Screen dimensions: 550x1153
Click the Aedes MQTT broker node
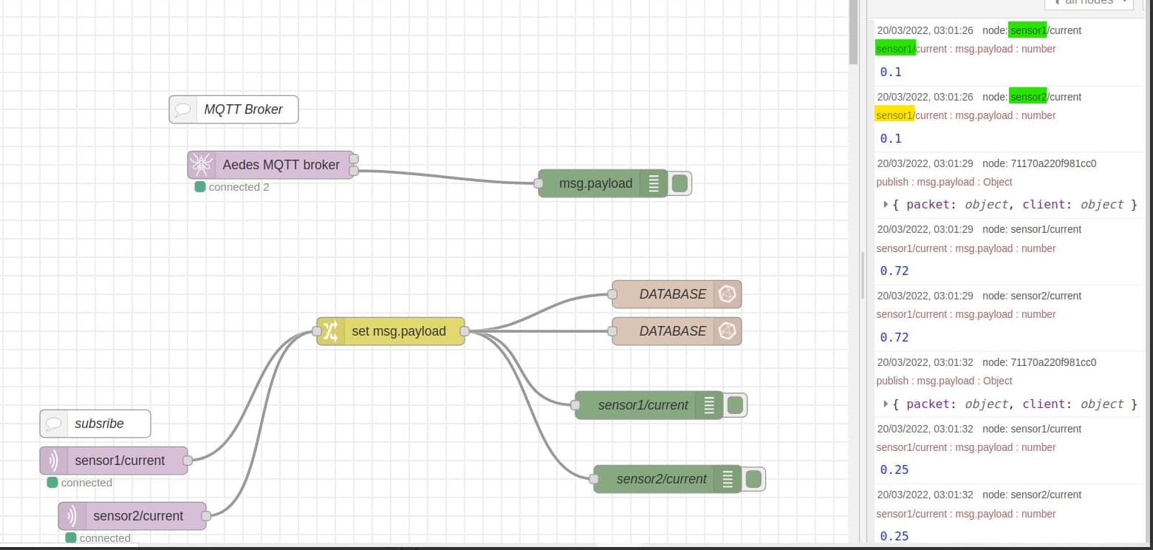281,165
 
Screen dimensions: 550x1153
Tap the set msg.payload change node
398,331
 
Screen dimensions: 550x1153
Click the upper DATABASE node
672,294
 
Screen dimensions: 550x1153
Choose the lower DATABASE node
672,331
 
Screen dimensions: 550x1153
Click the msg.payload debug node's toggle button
680,183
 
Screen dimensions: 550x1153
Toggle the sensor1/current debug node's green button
735,405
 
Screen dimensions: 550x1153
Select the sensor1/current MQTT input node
119,461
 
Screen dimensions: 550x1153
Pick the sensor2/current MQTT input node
137,516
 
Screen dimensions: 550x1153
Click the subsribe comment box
95,424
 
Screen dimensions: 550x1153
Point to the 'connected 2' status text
239,187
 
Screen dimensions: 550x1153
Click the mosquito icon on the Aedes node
200,165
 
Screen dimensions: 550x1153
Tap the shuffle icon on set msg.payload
330,331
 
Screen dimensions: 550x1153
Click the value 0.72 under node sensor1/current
894,271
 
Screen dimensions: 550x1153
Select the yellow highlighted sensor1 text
894,115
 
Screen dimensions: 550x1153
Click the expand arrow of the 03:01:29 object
886,204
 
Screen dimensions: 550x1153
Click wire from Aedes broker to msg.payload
443,175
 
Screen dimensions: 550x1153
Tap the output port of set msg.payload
465,331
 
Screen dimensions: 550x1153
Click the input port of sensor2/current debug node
594,479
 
